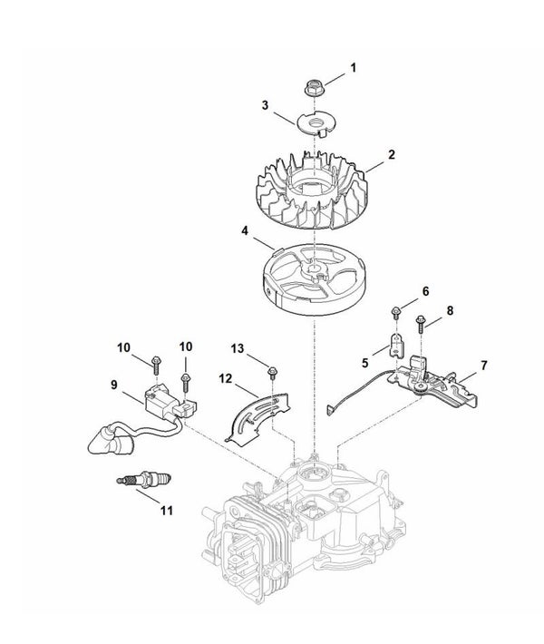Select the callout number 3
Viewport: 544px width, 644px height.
(x=266, y=105)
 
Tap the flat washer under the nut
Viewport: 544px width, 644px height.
(x=316, y=122)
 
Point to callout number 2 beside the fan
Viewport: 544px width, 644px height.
(x=392, y=154)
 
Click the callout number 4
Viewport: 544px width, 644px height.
(x=245, y=230)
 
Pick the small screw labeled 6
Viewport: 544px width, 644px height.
(x=396, y=313)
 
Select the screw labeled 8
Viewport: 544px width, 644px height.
(x=421, y=324)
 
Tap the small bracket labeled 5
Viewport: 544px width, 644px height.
(x=395, y=343)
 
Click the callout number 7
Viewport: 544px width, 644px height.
(x=484, y=366)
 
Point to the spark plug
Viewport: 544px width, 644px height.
(x=143, y=479)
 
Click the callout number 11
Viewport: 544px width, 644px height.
(x=166, y=511)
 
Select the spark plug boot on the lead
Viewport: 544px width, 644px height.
(x=108, y=441)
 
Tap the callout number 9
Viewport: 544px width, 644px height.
(x=113, y=385)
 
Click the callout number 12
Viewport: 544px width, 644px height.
(x=226, y=378)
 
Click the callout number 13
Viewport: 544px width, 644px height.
(x=238, y=348)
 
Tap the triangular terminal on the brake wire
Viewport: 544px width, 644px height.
(x=331, y=409)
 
